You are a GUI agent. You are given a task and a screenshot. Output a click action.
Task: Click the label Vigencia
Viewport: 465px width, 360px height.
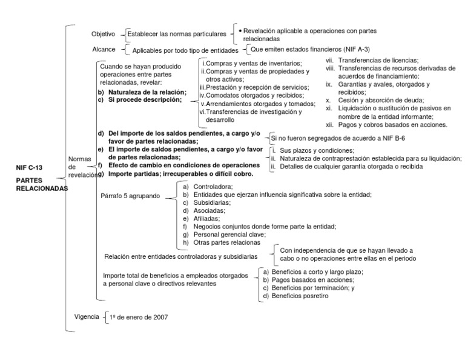tap(85, 316)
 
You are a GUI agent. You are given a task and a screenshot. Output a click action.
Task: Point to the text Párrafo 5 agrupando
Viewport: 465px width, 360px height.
tap(130, 196)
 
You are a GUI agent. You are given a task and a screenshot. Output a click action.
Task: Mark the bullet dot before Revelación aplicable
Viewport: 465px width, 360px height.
tap(240, 30)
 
